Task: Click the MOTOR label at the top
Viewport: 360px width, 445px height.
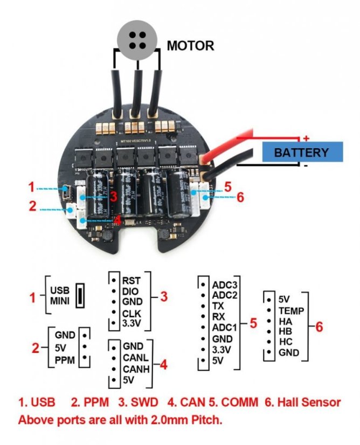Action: click(190, 45)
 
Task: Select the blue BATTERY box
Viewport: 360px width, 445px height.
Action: click(301, 152)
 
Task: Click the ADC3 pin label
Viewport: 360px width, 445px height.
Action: click(225, 284)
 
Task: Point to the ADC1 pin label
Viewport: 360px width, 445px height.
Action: click(225, 328)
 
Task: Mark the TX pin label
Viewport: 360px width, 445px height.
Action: click(218, 306)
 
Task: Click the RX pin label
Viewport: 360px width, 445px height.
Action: click(219, 317)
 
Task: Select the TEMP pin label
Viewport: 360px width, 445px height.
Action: click(292, 311)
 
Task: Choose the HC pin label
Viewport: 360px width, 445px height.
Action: click(286, 344)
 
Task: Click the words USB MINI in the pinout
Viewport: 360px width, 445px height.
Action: click(60, 295)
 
